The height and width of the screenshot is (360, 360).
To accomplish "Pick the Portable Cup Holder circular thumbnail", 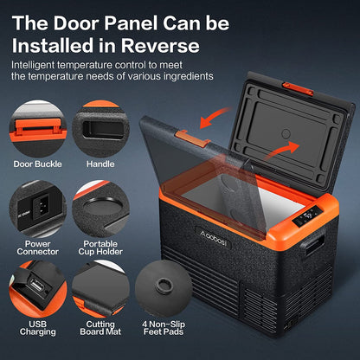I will click(100, 206).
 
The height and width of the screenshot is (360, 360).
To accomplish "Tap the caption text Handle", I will click(100, 164).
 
